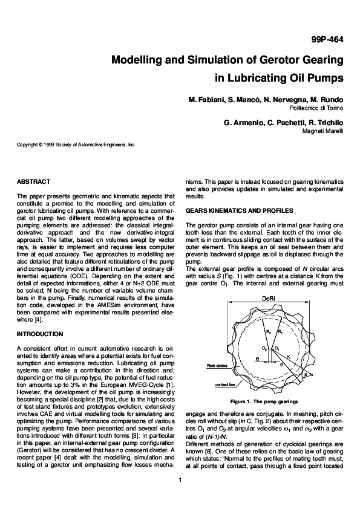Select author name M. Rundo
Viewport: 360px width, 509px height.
(x=328, y=99)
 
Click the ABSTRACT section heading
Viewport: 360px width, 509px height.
(x=34, y=181)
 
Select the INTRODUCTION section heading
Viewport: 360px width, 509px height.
(x=41, y=334)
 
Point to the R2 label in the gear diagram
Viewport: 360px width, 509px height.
(x=267, y=332)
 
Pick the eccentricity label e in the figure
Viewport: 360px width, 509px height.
(x=257, y=358)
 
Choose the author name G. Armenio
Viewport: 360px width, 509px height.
(x=241, y=122)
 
